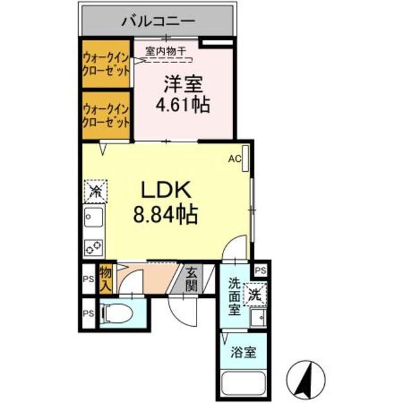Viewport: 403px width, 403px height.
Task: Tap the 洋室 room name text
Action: coord(183,84)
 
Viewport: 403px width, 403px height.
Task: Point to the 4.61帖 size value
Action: coord(183,103)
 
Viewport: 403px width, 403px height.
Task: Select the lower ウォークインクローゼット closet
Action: coord(106,115)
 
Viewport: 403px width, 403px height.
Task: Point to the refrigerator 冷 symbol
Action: coord(96,190)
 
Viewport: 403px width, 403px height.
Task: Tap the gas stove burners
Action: coord(95,247)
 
